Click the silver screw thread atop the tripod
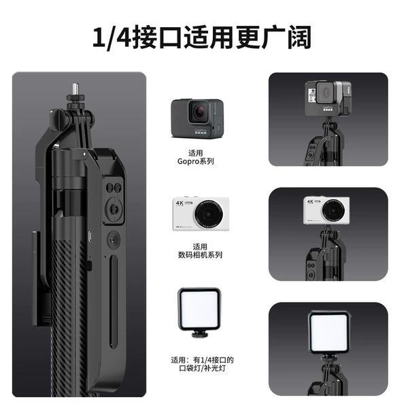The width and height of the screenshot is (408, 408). (x=75, y=89)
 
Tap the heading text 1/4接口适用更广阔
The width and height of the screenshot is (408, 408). (x=202, y=37)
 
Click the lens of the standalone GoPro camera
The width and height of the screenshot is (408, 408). (x=199, y=112)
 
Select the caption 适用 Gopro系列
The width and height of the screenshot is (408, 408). (x=196, y=158)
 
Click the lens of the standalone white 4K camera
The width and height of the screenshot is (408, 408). (x=209, y=214)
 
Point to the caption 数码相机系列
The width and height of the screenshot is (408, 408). (x=200, y=255)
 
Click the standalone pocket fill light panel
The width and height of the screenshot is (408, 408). (x=199, y=309)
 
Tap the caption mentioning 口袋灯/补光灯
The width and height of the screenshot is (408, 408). (x=202, y=369)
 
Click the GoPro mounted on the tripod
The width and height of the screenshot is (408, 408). (x=328, y=99)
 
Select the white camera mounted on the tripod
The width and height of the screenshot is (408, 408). (x=326, y=210)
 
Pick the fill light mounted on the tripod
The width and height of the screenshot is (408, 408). (x=328, y=333)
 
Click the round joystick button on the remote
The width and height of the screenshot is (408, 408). (x=114, y=209)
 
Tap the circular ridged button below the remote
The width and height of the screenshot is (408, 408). (x=114, y=239)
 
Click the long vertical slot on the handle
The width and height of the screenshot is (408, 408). (x=113, y=301)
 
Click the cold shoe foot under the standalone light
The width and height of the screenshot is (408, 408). (x=199, y=334)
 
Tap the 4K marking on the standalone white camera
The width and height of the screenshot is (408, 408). (x=180, y=203)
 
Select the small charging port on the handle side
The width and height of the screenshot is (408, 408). (x=90, y=236)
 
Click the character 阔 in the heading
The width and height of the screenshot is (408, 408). (x=300, y=37)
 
